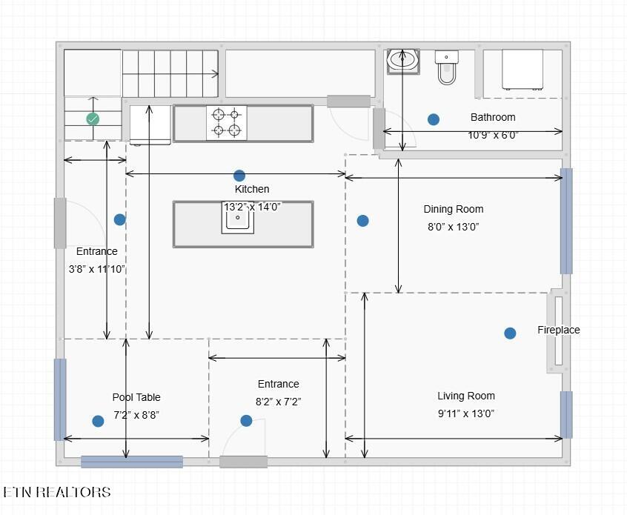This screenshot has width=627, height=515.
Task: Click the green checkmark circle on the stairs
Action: (x=93, y=119)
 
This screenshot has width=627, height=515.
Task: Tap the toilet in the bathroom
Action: (x=447, y=67)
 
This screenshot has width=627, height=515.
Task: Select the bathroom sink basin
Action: (x=403, y=62)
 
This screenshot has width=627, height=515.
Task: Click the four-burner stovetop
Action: (x=226, y=123)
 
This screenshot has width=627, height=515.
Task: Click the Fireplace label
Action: (x=559, y=330)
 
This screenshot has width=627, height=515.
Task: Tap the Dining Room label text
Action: (x=454, y=209)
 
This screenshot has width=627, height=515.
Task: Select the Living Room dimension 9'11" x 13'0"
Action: (x=466, y=413)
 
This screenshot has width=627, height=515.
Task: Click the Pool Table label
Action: (x=136, y=397)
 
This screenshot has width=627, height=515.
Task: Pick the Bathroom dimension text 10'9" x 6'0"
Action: (x=493, y=135)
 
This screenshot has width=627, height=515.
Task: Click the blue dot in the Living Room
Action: (x=510, y=333)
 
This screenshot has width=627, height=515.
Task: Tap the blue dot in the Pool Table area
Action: (x=98, y=421)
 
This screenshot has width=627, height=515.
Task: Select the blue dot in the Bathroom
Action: (x=434, y=119)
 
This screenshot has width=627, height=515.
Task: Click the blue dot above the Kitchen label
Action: (x=239, y=176)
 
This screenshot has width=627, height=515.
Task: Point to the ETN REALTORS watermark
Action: (x=57, y=492)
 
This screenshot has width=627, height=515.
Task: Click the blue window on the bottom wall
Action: (x=132, y=462)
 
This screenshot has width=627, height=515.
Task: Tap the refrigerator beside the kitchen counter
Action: (x=150, y=124)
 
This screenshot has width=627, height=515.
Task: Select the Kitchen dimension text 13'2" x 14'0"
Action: (x=252, y=207)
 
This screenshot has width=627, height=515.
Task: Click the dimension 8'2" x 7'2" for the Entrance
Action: (x=279, y=402)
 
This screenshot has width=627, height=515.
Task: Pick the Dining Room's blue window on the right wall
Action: (x=566, y=221)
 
